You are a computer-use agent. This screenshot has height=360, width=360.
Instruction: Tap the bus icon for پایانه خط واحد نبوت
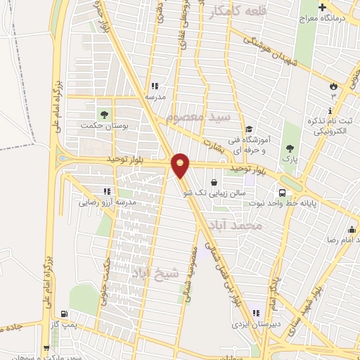coord(283,193)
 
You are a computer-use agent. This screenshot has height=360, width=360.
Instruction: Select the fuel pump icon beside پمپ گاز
coord(65,314)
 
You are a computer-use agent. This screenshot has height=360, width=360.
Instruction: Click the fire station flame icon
coord(333,85)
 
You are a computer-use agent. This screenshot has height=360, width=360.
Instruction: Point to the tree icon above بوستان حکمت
coord(104,112)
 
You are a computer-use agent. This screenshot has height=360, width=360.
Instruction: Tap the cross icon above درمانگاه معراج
coord(322,8)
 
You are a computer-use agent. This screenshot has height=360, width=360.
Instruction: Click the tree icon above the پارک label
coord(290,148)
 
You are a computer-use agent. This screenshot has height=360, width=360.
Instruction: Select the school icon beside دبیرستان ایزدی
coord(257,314)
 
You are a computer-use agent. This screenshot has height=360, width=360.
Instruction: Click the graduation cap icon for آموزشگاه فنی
coord(248,129)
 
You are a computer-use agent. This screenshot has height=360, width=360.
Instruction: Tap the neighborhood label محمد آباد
coord(255,226)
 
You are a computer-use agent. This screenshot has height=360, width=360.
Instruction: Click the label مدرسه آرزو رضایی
coord(105,202)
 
